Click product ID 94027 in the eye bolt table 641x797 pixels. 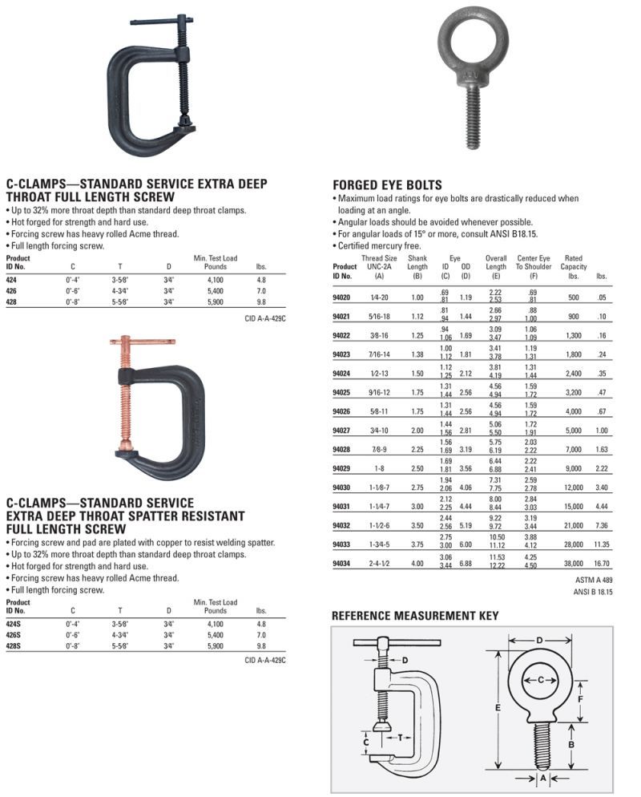click(x=342, y=431)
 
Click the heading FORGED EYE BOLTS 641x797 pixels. click(x=386, y=184)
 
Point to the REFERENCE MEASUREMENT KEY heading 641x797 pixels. click(x=415, y=616)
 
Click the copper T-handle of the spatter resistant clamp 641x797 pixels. click(x=140, y=342)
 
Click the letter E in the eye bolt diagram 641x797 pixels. click(x=499, y=708)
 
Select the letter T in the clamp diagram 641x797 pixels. click(x=399, y=738)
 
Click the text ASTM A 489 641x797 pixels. click(x=595, y=581)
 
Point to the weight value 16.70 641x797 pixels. click(x=602, y=564)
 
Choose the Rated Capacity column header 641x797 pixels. click(x=573, y=267)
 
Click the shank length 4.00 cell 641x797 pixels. click(x=417, y=564)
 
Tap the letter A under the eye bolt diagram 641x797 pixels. click(x=542, y=778)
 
